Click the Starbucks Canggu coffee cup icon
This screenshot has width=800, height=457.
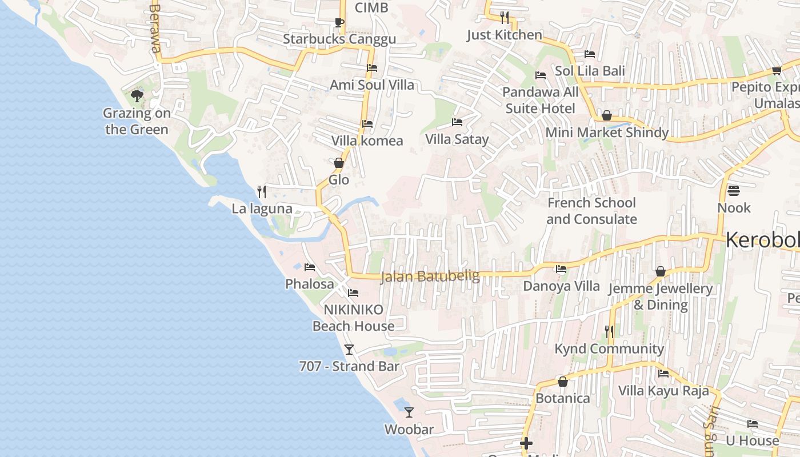(x=339, y=23)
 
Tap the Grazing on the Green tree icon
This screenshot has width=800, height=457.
(x=137, y=95)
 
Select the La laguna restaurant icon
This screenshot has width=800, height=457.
(x=262, y=191)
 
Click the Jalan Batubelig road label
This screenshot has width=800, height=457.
(x=430, y=276)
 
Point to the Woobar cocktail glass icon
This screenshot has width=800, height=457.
(x=409, y=412)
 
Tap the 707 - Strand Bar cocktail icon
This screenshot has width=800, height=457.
(x=349, y=349)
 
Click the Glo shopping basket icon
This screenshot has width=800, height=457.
(x=339, y=163)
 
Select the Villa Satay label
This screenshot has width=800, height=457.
(x=457, y=139)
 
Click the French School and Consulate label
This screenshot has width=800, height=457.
(x=591, y=211)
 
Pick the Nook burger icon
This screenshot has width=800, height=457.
(x=734, y=190)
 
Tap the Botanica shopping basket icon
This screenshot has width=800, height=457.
(x=563, y=381)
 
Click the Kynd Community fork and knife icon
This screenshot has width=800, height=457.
(x=609, y=331)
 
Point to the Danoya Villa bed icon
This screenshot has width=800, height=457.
(x=561, y=268)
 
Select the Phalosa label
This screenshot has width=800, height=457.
(x=310, y=284)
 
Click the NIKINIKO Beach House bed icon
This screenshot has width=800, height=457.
(x=353, y=293)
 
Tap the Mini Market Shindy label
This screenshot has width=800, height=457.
(x=607, y=133)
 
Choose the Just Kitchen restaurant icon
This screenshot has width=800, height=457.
(x=504, y=17)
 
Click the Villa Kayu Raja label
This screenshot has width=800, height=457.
(x=663, y=391)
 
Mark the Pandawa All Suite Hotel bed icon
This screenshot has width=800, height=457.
(x=541, y=75)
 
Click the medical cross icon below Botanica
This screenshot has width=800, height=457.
(x=526, y=443)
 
